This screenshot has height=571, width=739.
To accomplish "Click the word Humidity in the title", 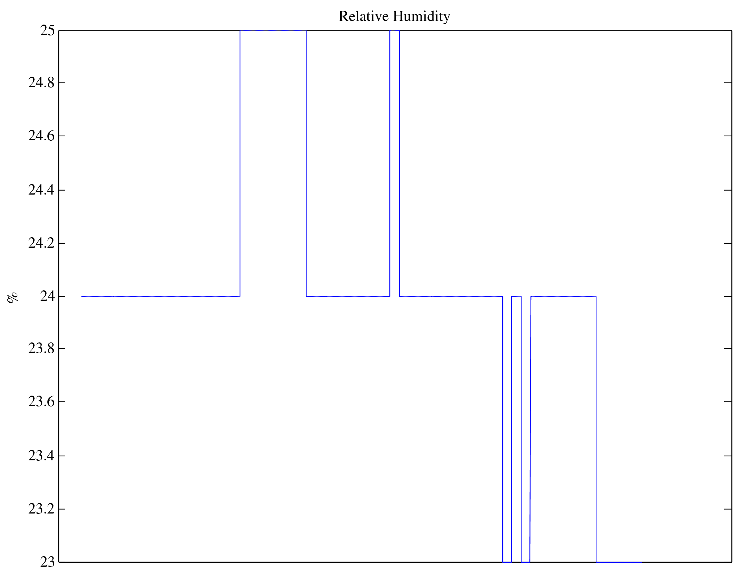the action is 422,17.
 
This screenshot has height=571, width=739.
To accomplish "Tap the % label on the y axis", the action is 12,297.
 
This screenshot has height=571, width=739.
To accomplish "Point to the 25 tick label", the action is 47,31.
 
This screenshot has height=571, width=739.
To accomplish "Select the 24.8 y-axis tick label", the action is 42,83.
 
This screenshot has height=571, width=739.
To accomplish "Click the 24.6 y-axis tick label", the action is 42,136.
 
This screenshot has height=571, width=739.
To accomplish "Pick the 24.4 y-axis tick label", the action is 42,190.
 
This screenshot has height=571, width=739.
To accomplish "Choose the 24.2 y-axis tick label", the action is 42,243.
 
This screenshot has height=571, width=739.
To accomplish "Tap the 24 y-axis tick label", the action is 47,297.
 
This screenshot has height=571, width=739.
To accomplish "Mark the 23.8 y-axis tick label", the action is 42,349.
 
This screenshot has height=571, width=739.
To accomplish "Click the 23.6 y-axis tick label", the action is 42,402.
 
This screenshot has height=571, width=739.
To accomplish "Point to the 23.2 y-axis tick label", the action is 42,509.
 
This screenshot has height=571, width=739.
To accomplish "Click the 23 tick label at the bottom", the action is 47,562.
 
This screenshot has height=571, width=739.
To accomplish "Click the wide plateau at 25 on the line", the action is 273,31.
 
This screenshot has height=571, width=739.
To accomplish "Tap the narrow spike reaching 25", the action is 394,31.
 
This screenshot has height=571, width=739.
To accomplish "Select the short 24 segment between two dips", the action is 516,297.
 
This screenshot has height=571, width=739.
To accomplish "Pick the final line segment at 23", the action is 619,562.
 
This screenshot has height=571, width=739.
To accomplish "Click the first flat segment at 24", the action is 161,297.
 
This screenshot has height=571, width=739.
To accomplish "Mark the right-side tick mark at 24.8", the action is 728,83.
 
